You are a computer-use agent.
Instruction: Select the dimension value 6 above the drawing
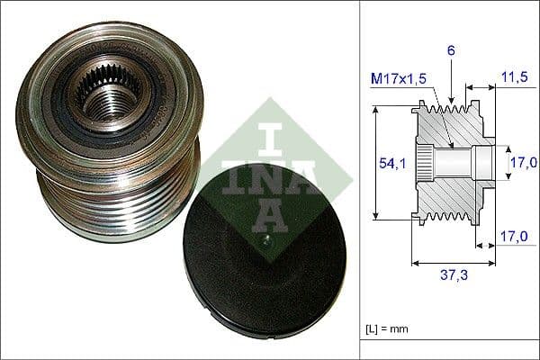click(x=451, y=51)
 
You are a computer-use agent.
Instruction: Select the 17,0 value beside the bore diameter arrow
click(x=523, y=162)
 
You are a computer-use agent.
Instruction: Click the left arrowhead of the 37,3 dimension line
click(x=415, y=264)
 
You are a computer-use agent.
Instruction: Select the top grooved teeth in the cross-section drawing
click(x=450, y=112)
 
